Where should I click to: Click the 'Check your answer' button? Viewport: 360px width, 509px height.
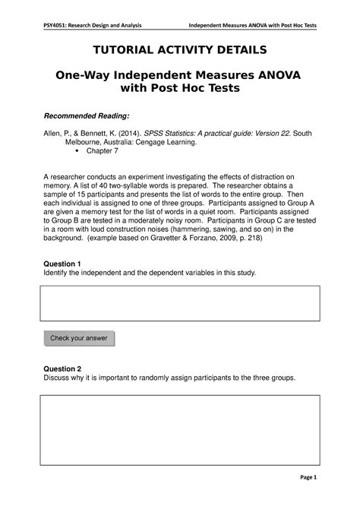(78, 338)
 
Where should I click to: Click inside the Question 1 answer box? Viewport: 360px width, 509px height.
(179, 304)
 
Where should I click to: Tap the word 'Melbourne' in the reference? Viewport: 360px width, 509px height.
(83, 142)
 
